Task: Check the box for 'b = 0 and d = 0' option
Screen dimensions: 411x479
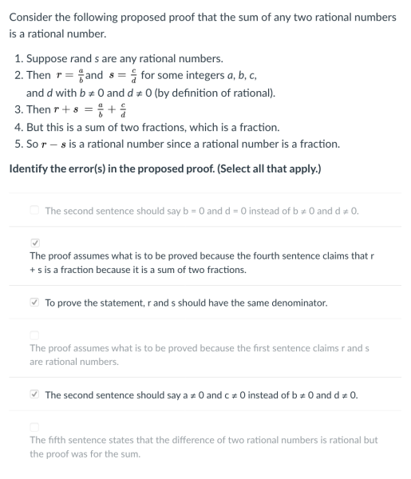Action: click(x=34, y=211)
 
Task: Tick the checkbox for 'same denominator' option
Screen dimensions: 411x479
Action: click(x=34, y=303)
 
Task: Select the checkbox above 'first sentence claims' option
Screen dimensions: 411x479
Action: click(x=34, y=334)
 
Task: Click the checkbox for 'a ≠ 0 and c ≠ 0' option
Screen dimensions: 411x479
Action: click(x=34, y=395)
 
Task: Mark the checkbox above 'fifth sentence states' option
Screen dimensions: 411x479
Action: click(x=34, y=426)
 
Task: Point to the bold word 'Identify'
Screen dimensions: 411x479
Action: click(x=29, y=169)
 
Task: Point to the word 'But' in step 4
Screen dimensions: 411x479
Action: click(x=36, y=128)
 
